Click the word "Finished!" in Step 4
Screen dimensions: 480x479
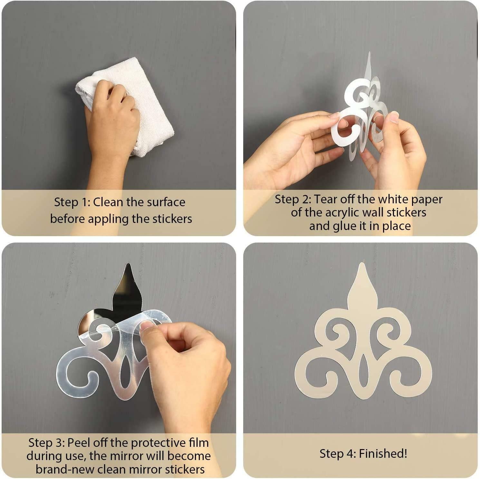[x=383, y=454]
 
